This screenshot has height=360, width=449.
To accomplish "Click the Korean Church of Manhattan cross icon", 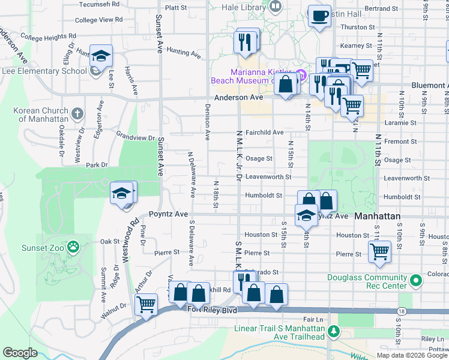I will click(77, 113).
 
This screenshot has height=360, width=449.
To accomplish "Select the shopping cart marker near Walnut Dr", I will click(146, 304).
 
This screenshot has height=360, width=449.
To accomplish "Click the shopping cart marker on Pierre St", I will click(379, 251).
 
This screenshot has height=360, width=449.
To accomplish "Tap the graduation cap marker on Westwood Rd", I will click(122, 193).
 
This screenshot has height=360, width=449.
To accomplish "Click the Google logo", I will click(20, 353).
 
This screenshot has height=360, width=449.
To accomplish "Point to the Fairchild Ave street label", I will click(264, 132).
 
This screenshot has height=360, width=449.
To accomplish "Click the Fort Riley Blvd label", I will click(212, 310).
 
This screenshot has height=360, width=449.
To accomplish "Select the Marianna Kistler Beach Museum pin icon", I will click(301, 76).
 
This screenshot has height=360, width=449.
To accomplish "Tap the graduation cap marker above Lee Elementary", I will click(101, 55).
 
